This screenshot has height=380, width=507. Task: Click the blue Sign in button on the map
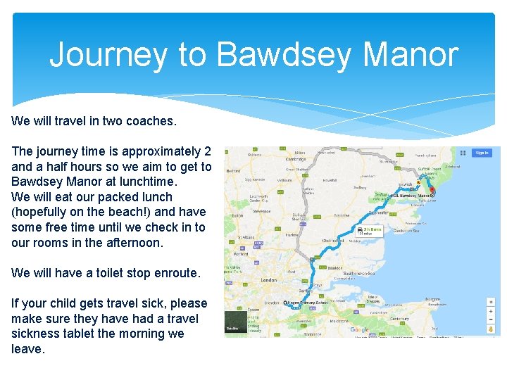pos(482,153)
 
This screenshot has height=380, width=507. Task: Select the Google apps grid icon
pos(463,153)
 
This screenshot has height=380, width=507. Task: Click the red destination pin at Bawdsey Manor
pos(432,191)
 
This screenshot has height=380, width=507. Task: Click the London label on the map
pos(268,279)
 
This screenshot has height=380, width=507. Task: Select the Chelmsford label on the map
pos(332,240)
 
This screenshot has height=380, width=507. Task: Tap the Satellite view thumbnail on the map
pos(236,322)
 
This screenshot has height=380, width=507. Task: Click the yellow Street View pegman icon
pos(491,329)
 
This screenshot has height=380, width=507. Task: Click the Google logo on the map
pos(359,329)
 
